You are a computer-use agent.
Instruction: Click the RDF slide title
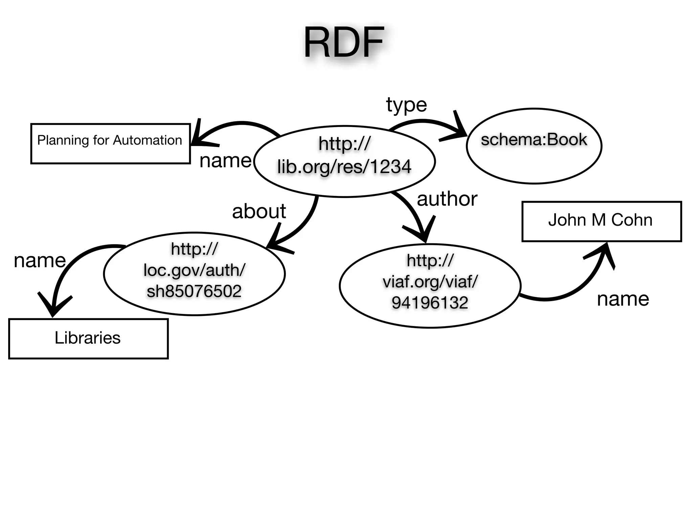[x=343, y=43]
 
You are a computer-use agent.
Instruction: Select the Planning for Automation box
[x=110, y=144]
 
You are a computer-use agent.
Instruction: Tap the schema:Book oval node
[x=534, y=146]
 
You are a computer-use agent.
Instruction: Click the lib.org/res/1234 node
[x=344, y=161]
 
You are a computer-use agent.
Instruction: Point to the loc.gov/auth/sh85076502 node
[x=194, y=274]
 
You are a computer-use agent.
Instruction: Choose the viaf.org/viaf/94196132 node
[x=430, y=286]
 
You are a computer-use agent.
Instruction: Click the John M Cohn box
[x=601, y=221]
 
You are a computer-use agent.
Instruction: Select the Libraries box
[x=88, y=339]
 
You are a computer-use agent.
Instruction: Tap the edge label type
[x=406, y=105]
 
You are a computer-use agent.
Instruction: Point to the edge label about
[x=259, y=211]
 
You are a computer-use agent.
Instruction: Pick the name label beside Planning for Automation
[x=225, y=160]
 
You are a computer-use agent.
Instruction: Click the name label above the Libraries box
[x=40, y=261]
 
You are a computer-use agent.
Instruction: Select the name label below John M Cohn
[x=623, y=299]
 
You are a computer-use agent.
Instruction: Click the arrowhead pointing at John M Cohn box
[x=604, y=252]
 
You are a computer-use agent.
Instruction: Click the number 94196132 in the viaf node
[x=430, y=302]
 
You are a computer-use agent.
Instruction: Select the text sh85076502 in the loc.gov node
[x=194, y=291]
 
